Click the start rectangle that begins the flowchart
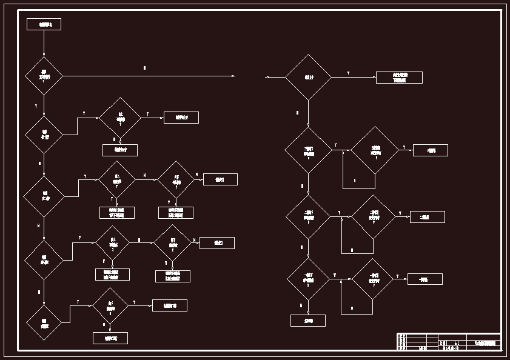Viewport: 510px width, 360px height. point(44,24)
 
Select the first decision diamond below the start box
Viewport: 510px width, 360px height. point(44,76)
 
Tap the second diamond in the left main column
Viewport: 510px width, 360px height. point(44,134)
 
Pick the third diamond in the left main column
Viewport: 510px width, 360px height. point(44,196)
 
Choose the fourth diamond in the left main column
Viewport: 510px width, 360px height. point(44,259)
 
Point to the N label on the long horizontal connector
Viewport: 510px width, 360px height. point(144,68)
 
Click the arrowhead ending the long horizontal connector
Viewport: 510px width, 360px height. point(233,76)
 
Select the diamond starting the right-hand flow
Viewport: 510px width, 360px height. point(308,77)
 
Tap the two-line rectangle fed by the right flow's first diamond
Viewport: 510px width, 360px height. point(399,78)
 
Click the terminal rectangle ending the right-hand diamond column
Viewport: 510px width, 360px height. point(308,321)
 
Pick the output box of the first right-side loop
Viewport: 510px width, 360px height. point(431,150)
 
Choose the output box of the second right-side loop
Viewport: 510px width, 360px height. point(427,217)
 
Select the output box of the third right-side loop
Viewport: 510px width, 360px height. point(424,279)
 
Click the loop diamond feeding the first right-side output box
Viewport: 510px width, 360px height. point(375,150)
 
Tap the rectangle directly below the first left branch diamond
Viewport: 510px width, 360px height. point(120,150)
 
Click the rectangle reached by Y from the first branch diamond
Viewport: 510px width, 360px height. point(181,118)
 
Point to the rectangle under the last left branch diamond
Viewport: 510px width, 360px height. point(110,338)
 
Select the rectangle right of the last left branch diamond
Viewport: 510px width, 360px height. point(170,305)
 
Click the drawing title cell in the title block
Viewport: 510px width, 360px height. point(484,343)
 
